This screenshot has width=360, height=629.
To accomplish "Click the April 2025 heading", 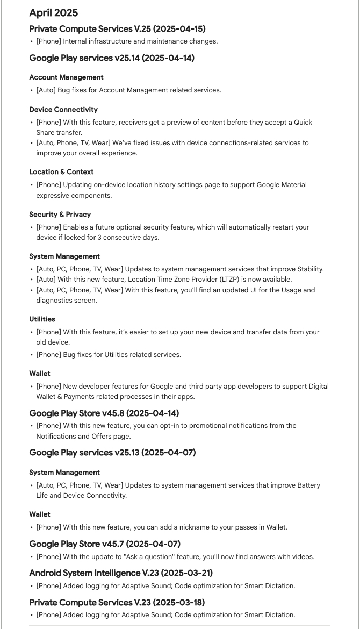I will point(53,13).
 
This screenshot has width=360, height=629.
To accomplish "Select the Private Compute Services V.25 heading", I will point(117,28).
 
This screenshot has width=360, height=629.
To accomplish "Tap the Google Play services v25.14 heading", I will point(111,58).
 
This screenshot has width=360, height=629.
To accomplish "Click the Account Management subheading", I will point(66,77).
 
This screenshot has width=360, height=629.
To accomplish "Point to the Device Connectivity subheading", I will point(63,110).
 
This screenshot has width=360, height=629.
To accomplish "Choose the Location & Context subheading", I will point(61,172).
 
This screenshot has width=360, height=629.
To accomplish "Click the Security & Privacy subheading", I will point(60,214).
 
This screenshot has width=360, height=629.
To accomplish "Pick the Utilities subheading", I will point(42,319).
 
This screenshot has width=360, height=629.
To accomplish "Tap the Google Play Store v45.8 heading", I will point(104,413).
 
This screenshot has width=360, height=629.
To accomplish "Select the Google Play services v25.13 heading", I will point(112,453).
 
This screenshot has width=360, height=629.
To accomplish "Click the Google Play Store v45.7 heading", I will point(105,544).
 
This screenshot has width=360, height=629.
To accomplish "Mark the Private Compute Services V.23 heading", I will point(117,602).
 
